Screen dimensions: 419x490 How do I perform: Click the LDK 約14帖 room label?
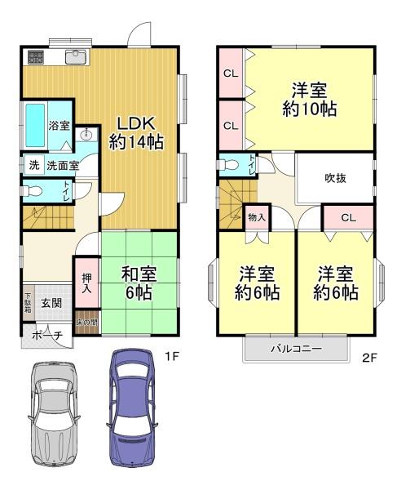tap(136, 133)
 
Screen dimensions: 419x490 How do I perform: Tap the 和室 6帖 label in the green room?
tap(139, 283)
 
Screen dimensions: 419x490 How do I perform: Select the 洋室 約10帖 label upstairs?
tap(309, 100)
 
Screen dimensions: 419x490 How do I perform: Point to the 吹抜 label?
tap(335, 178)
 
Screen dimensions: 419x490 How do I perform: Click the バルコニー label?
tap(296, 349)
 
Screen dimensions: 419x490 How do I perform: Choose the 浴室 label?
tap(59, 126)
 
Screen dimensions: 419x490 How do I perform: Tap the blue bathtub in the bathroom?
tap(35, 126)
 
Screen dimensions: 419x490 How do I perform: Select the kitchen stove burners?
tap(35, 57)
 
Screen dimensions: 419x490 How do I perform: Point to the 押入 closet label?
tap(86, 283)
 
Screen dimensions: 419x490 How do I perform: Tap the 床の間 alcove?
tap(87, 323)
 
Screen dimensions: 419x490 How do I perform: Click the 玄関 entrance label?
tap(51, 303)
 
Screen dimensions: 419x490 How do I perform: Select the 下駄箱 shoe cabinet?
tap(29, 302)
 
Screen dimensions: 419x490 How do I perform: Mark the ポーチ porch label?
tap(47, 336)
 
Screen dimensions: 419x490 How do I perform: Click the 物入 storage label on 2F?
tap(257, 217)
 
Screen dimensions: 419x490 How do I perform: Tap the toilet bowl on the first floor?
tap(32, 190)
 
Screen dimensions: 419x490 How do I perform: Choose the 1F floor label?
tap(171, 357)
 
